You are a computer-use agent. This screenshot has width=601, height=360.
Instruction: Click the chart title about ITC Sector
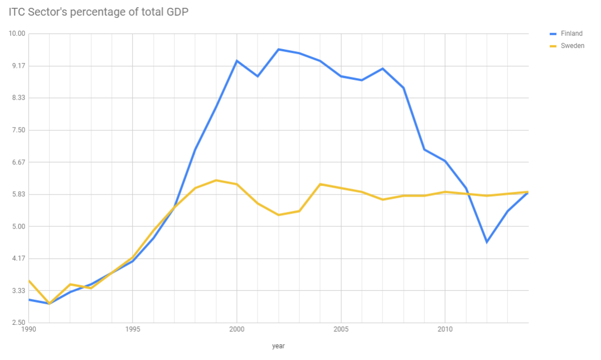coord(99,12)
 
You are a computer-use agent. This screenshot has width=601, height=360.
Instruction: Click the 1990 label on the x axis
coord(28,329)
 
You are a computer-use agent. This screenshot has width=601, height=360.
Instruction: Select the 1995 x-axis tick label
coord(133,329)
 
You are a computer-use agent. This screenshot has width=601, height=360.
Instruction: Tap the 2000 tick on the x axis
coord(237,329)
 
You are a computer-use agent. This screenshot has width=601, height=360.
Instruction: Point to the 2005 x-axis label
coord(341,329)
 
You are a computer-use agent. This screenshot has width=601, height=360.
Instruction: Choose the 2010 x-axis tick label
coord(445,329)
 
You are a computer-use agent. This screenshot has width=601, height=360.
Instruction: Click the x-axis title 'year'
coord(278,346)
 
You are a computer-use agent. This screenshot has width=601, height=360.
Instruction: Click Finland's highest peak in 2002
coord(279,49)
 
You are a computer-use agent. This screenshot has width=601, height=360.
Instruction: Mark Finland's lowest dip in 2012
coord(487,242)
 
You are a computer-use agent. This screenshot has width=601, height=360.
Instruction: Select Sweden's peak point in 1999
coord(216,180)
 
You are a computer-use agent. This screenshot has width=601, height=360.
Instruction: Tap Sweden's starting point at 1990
coord(29,280)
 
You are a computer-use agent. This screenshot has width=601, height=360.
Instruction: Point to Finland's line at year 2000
coord(237,61)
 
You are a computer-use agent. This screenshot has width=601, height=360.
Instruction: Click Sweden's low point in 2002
coord(279,215)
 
